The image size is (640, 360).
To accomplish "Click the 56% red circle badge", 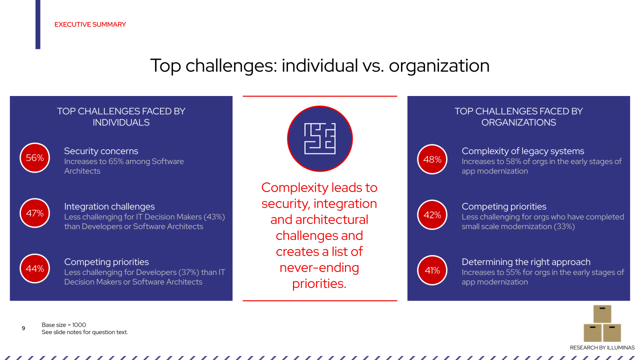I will [35, 158].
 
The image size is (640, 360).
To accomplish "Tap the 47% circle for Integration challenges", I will [35, 213].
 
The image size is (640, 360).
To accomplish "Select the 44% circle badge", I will [35, 269].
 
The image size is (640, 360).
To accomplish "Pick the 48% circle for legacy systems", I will [432, 159].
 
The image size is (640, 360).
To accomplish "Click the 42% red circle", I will [432, 215].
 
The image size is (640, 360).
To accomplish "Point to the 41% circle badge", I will [432, 270].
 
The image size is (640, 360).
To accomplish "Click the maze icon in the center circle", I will [320, 138].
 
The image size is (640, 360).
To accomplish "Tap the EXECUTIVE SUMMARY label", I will [90, 24].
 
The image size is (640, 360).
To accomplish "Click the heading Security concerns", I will [101, 151].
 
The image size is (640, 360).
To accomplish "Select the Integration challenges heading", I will [109, 206].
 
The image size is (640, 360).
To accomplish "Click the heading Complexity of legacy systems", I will [522, 151].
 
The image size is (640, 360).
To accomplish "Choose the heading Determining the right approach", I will [526, 262].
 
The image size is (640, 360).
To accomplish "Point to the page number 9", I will [23, 328].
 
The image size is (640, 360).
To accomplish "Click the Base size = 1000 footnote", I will [63, 325].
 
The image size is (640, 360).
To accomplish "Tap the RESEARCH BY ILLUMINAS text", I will [602, 347].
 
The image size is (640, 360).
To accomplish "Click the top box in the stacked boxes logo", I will [602, 313].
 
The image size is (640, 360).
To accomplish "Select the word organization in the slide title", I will [439, 66].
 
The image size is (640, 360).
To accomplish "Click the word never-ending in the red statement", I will [319, 267].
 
